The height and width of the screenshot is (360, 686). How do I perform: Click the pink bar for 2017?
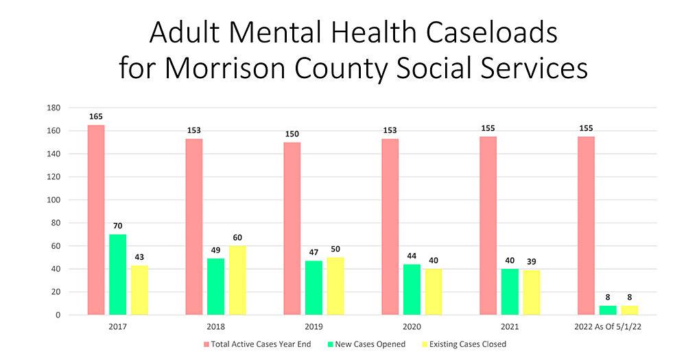(96, 219)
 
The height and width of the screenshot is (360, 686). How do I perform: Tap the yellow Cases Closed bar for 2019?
(335, 285)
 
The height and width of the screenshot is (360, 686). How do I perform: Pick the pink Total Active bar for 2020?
(390, 226)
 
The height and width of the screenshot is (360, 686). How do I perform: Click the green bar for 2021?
(509, 291)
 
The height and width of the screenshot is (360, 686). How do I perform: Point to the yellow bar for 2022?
(629, 310)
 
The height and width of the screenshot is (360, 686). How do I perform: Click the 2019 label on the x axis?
(314, 326)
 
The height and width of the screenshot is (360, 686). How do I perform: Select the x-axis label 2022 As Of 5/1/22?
(607, 326)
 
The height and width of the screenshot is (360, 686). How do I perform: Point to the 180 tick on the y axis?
(54, 108)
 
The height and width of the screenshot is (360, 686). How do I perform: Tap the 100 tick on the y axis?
(54, 200)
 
